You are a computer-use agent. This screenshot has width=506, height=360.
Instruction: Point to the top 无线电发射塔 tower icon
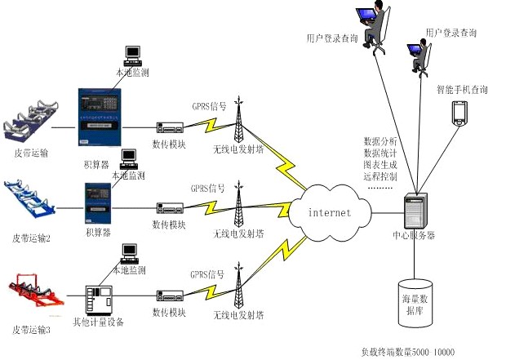coord(239,120)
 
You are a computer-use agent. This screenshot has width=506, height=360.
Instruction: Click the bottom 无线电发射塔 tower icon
coord(239,285)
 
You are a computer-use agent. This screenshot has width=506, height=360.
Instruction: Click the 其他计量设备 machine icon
coord(104,300)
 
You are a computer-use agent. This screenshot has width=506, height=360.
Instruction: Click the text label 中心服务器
coord(414,236)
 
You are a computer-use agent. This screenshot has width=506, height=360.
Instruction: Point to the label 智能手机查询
coord(462,89)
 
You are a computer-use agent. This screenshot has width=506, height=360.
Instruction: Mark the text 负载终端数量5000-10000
coord(407,353)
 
